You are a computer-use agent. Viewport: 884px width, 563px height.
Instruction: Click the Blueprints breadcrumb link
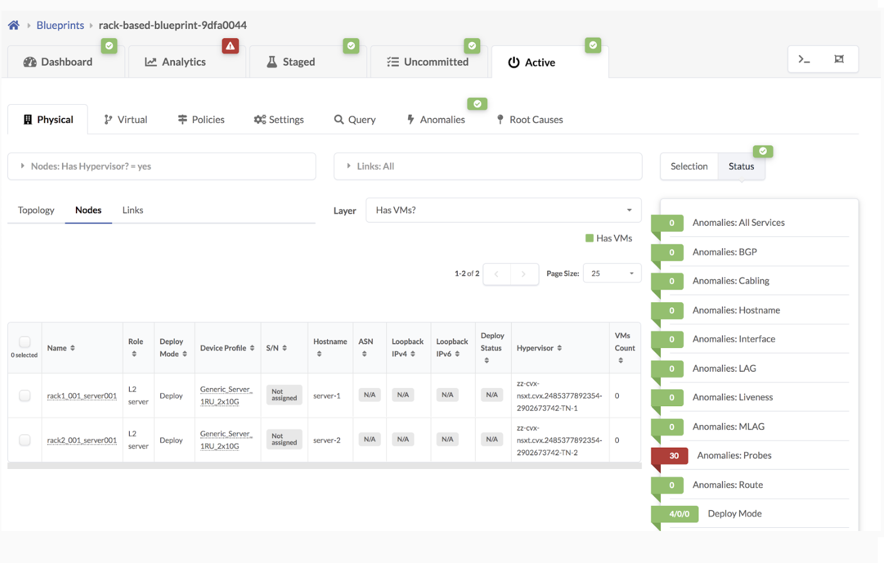(x=60, y=25)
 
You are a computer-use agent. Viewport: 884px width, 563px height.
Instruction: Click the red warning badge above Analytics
(x=230, y=46)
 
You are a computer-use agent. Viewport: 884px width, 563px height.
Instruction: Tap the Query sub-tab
(x=355, y=120)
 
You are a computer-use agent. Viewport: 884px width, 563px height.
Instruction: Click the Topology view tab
(x=36, y=210)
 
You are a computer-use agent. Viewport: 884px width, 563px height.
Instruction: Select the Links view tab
(x=132, y=210)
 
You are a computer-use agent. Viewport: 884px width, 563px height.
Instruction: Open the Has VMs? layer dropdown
(x=503, y=210)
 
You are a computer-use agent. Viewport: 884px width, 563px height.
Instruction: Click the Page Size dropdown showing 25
(x=612, y=273)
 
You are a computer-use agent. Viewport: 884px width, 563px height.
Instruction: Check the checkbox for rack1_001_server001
(x=25, y=396)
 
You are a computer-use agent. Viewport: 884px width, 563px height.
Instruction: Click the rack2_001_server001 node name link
(x=82, y=440)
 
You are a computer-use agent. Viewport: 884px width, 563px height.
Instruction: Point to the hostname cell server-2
(x=327, y=440)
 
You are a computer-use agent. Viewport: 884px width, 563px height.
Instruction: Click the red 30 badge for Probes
(x=673, y=456)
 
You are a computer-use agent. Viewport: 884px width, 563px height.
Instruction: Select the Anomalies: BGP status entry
(x=724, y=252)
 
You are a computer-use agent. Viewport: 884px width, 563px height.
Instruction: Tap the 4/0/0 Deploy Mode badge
(x=678, y=514)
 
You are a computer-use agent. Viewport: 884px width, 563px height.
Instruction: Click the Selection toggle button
(x=688, y=166)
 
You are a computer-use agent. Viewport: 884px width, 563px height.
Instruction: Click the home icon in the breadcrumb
(x=14, y=25)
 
